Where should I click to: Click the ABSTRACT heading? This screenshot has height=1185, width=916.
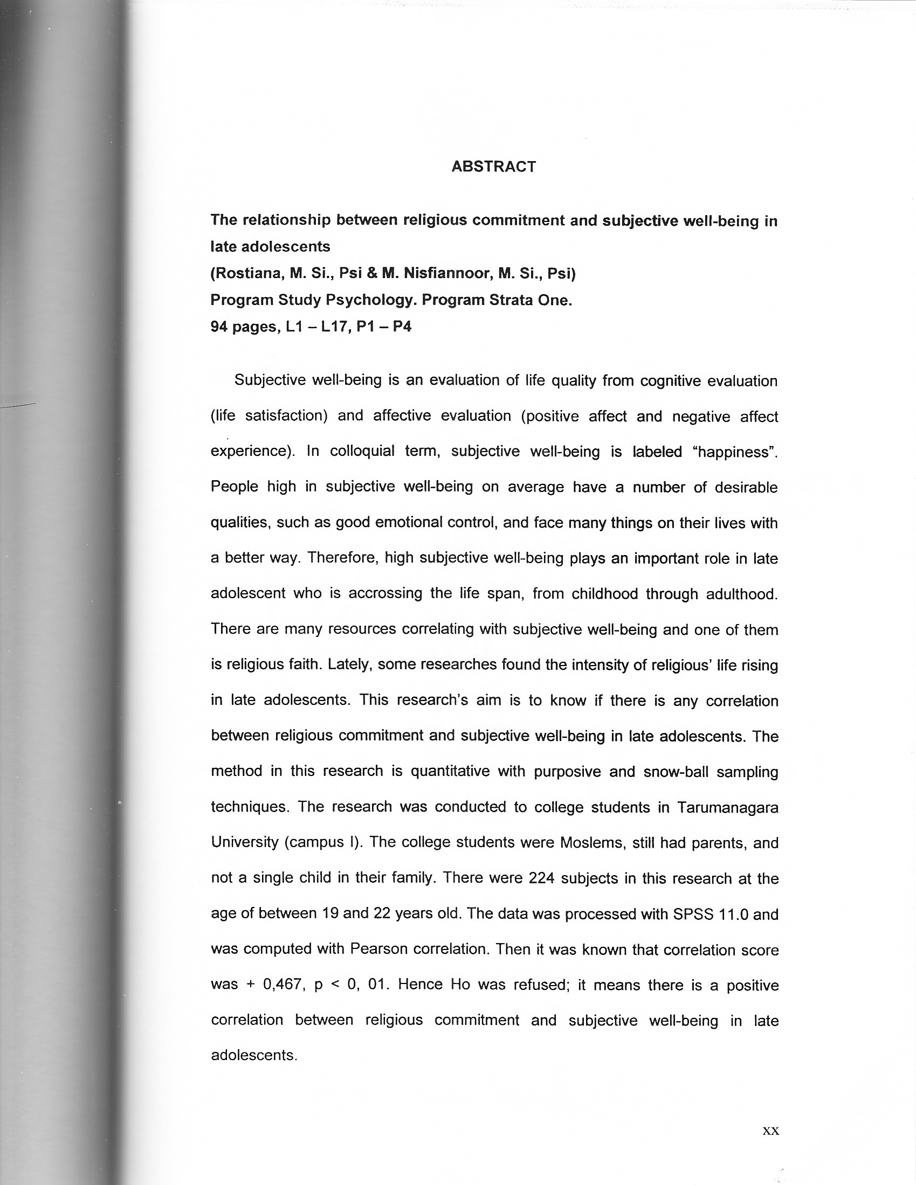(493, 167)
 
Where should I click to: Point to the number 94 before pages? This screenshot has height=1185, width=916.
(219, 327)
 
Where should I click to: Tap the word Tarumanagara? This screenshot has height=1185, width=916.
(728, 807)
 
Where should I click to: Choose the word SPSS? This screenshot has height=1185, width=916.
(693, 914)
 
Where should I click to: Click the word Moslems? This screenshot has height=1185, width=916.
(591, 843)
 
